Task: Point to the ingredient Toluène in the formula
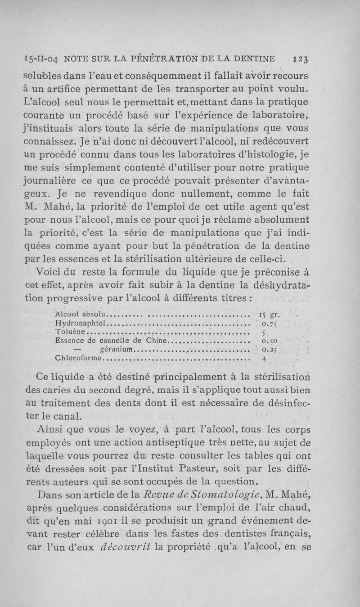[70, 333]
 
